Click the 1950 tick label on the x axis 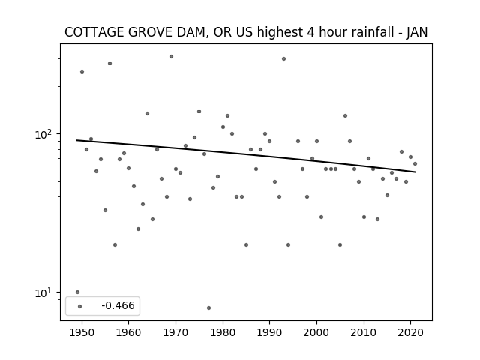point(82,332)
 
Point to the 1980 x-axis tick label point(223,332)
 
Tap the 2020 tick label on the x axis point(410,332)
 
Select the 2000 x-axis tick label point(316,332)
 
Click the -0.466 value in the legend point(118,305)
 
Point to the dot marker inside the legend point(80,306)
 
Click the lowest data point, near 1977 point(208,307)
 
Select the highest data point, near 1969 point(172,57)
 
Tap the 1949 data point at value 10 point(77,292)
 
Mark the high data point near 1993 point(283,58)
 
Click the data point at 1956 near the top point(110,63)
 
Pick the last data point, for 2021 point(415,163)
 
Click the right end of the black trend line point(415,172)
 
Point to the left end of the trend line point(76,140)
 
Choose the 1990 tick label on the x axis point(270,332)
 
